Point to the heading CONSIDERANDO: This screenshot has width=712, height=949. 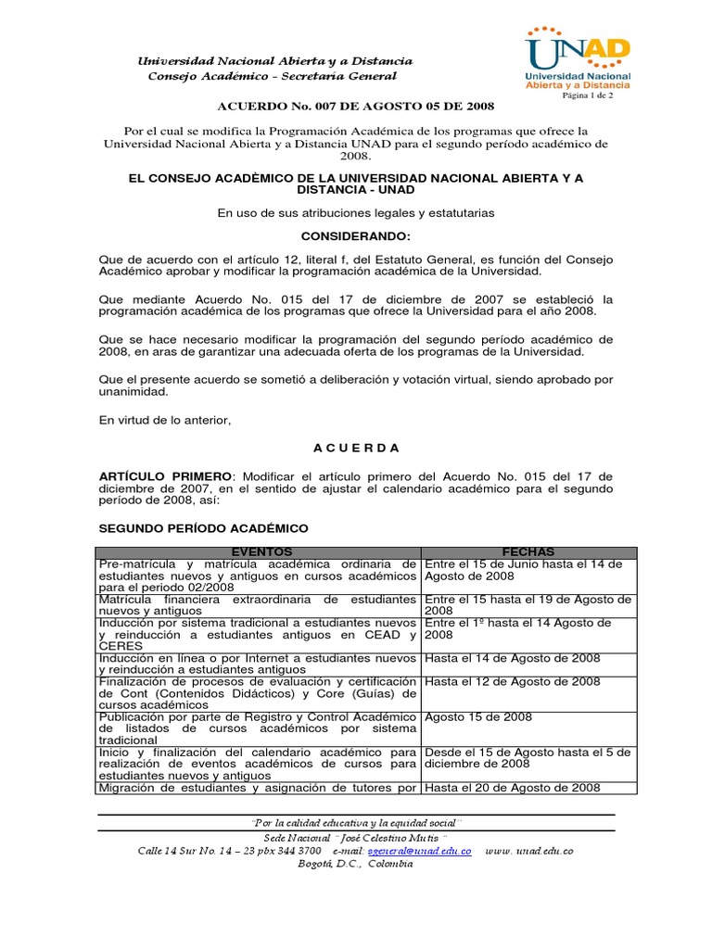(355, 236)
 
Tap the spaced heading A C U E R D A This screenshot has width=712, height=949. (356, 448)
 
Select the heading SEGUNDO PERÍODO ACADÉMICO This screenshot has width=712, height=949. (203, 528)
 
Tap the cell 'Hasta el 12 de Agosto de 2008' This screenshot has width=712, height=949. (513, 681)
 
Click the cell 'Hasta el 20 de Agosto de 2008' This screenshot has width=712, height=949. (513, 788)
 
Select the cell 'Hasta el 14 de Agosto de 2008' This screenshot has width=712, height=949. (513, 658)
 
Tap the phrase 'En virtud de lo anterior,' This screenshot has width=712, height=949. (164, 420)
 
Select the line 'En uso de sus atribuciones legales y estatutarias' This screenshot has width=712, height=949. (356, 212)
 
